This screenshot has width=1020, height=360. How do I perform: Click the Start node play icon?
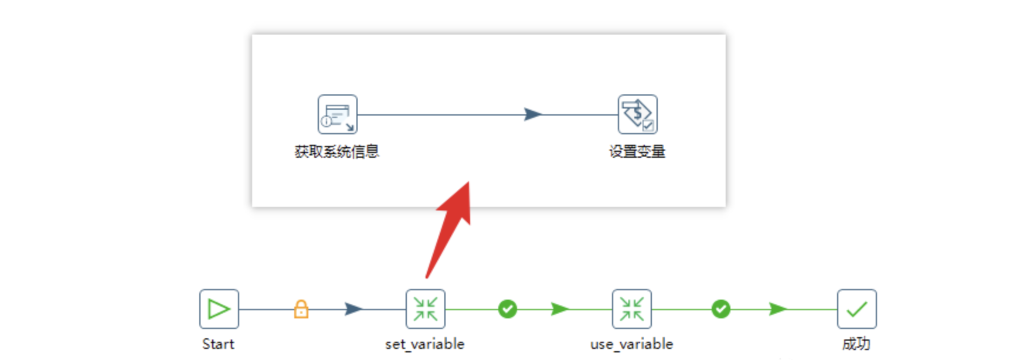coord(219,309)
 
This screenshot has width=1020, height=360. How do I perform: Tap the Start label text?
coord(218,344)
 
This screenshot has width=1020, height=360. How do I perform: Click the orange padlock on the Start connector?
coord(301,308)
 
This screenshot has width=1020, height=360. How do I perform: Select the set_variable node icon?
coord(425,309)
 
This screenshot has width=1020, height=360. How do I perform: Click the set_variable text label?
coord(424,344)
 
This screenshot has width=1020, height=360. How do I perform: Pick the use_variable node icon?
coord(631,309)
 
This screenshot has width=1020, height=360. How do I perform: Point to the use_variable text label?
coord(631,344)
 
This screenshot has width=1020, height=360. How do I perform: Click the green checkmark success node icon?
coord(856,309)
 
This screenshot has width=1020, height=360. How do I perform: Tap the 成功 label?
coord(856,344)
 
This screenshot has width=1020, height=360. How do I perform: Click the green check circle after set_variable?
coord(508,309)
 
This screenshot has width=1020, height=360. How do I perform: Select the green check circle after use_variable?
coord(721,309)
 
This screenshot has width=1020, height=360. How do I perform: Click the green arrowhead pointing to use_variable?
coord(560,309)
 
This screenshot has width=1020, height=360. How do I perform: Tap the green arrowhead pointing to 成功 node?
coord(778,309)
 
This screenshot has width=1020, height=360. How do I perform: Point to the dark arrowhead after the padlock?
coord(353,309)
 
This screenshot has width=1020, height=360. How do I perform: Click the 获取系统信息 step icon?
coord(337,114)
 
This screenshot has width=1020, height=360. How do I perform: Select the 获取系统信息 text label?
coord(336,152)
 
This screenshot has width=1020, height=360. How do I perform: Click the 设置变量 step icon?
coord(637,114)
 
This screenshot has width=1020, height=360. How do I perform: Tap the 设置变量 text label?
coord(637,152)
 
